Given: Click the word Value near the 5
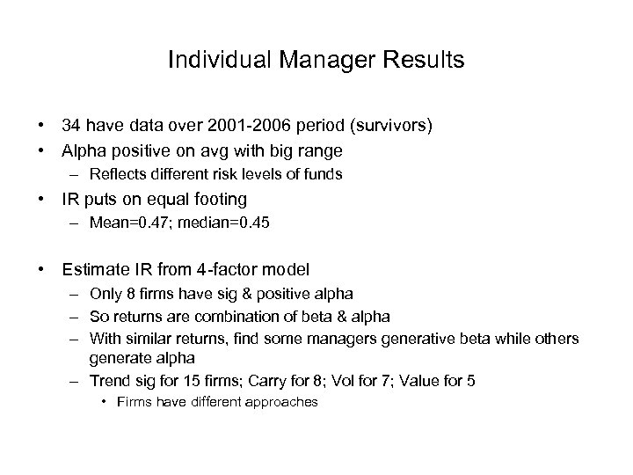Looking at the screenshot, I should click(x=429, y=382).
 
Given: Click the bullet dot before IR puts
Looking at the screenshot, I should click(x=41, y=200).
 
